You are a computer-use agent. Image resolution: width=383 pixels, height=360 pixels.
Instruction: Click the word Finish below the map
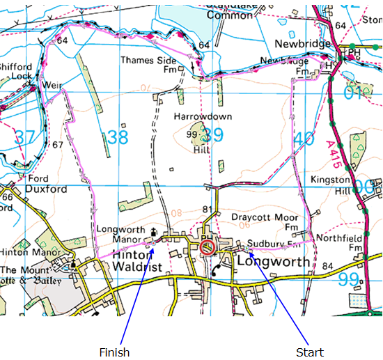pos(114,352)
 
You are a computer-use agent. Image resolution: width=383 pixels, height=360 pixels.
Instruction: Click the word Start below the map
pos(310,352)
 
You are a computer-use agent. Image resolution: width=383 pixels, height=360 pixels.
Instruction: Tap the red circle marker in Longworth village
pos(208,248)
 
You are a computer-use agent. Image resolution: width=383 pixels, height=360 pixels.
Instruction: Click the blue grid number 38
pos(118,136)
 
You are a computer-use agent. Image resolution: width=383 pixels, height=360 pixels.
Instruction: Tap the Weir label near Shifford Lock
pos(52,84)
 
